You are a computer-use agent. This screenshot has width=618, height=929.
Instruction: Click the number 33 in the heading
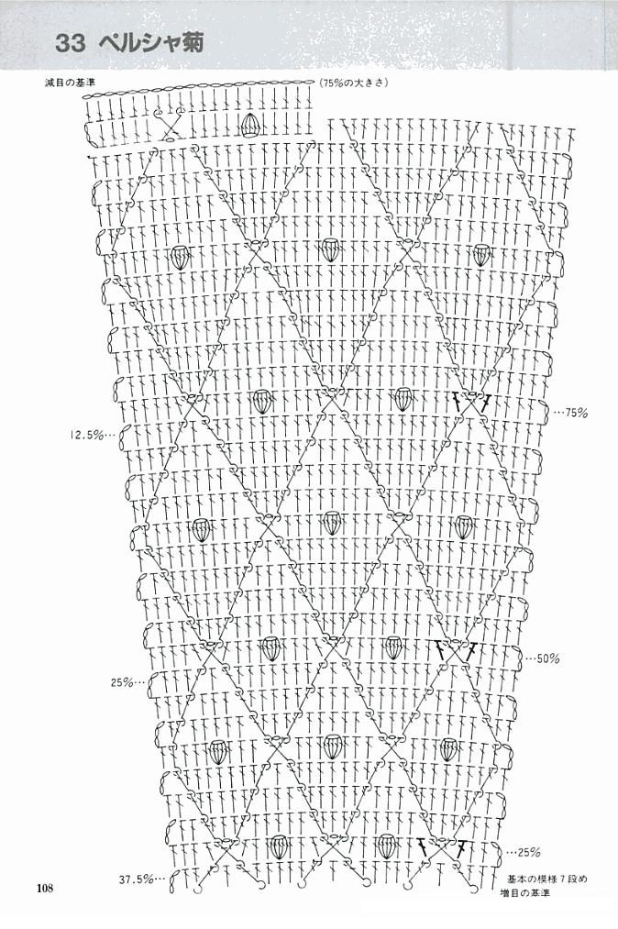tap(71, 43)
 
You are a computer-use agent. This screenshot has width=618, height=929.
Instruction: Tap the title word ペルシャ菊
tap(151, 43)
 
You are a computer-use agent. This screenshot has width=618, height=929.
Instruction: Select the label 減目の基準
tap(70, 83)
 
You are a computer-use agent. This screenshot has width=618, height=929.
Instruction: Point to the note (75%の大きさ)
tap(353, 83)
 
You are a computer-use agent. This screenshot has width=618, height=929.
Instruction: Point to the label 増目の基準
tap(524, 892)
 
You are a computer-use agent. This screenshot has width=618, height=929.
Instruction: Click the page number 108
tap(44, 888)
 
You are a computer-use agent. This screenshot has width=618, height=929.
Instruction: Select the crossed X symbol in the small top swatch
tap(170, 125)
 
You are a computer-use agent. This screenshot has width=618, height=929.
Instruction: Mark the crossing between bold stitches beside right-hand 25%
tap(441, 847)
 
